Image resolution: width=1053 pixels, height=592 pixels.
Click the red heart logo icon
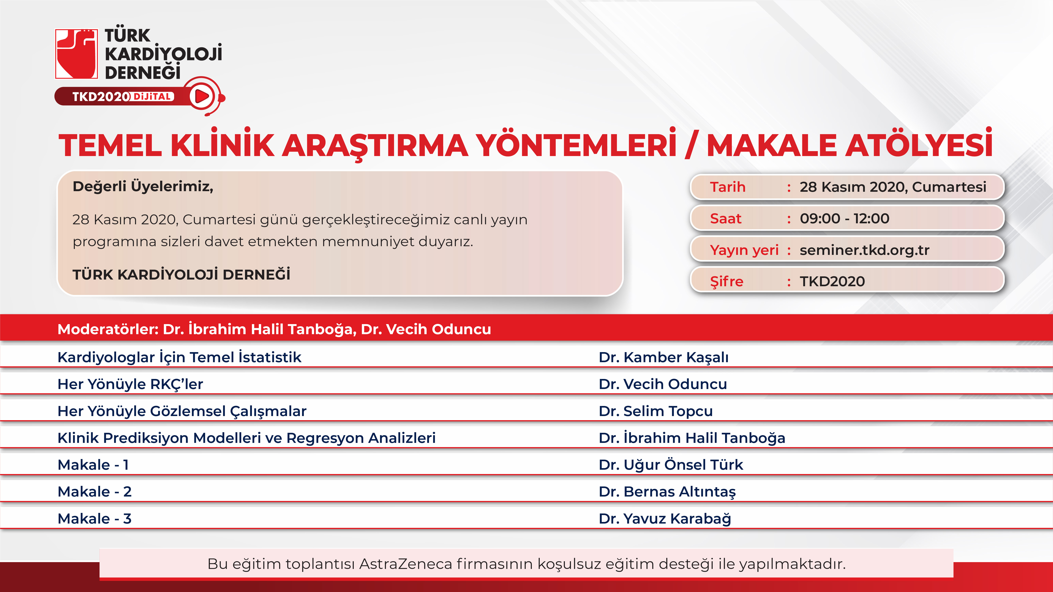76,53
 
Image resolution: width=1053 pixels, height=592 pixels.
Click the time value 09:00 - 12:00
845,219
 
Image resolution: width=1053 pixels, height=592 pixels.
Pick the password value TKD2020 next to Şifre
832,282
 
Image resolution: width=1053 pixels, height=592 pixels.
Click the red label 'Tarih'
728,187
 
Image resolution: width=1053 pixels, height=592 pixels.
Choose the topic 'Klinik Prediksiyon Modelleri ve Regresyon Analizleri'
247,438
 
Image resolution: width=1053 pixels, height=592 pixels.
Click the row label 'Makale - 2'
94,492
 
